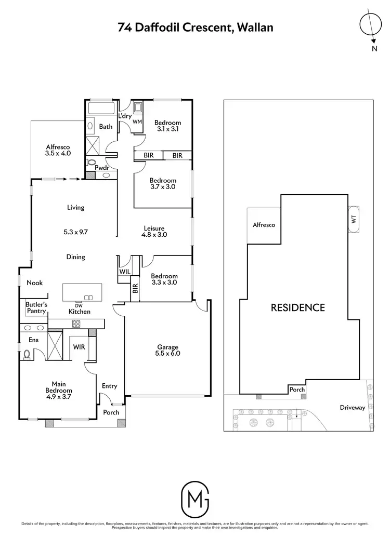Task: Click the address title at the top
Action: tap(195, 28)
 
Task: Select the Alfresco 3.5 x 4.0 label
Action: tap(58, 150)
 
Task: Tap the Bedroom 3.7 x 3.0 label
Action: tap(163, 183)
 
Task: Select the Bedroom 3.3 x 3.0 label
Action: tap(164, 279)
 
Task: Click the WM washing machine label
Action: tap(138, 122)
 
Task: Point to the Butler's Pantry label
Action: tap(36, 307)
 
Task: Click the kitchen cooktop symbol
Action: tap(76, 324)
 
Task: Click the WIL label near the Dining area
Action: tap(125, 272)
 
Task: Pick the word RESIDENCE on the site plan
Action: tap(298, 307)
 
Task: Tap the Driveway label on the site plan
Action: tap(353, 408)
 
